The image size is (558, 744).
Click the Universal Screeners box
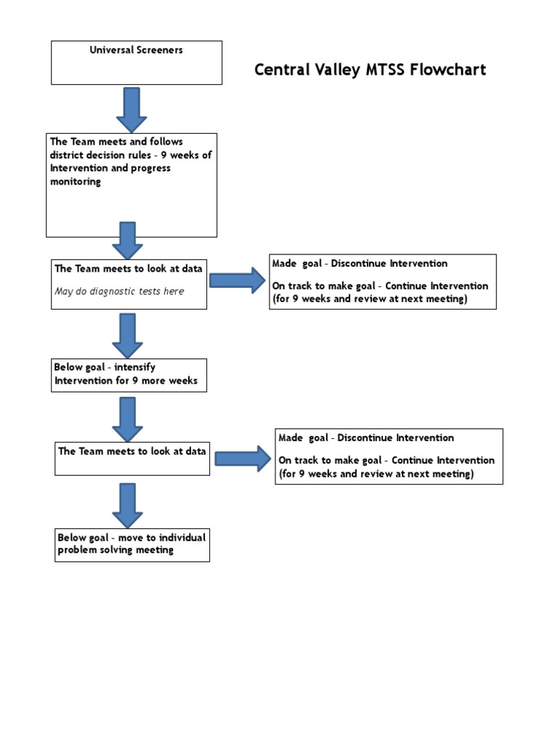point(136,62)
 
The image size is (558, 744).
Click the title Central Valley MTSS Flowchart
point(370,70)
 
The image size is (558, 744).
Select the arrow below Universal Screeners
point(132,109)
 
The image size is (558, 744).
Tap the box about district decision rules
point(132,185)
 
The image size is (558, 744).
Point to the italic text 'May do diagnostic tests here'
point(119,291)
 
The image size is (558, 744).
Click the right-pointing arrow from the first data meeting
point(237,280)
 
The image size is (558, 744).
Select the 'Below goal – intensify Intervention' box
point(129,374)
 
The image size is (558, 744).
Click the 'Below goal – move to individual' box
point(132,544)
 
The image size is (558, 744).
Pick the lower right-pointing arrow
point(242,458)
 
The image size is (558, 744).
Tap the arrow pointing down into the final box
point(128,504)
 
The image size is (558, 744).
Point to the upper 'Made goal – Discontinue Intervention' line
point(360,264)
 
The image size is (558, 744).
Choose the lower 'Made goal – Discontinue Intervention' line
point(366,438)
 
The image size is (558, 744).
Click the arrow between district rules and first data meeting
point(128,240)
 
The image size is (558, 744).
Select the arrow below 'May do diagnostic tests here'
point(128,334)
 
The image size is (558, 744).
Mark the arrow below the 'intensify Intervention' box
point(128,418)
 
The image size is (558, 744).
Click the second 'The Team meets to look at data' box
point(132,458)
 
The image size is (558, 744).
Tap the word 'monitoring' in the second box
point(76,182)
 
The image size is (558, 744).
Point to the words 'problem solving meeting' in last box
point(116,551)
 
